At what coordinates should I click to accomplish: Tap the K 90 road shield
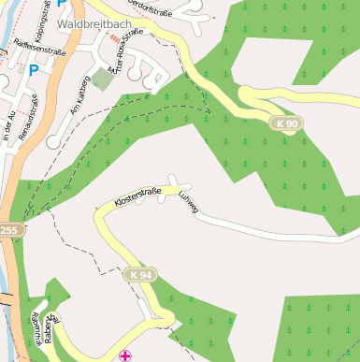pos(287,123)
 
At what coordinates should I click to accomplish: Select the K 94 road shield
pos(140,274)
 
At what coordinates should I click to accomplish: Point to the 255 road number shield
pos(8,230)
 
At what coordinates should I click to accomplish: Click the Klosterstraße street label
pos(137,197)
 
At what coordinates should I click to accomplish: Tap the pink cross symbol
pos(126,355)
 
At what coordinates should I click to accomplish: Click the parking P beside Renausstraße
pos(34,70)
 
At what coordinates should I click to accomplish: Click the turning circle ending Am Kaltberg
pos(55,141)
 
